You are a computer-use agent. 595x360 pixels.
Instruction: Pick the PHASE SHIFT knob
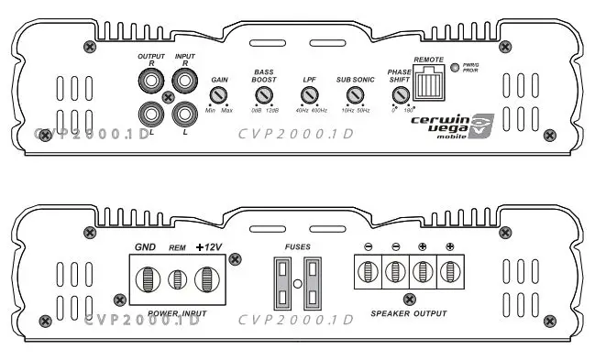point(400,95)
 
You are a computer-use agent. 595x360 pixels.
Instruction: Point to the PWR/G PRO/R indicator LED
point(454,66)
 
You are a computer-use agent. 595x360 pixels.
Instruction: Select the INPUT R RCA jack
point(185,82)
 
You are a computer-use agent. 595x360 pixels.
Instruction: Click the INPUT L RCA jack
point(185,115)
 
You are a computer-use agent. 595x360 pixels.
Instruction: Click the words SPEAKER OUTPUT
point(409,313)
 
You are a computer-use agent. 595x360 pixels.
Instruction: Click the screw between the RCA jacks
point(168,98)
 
